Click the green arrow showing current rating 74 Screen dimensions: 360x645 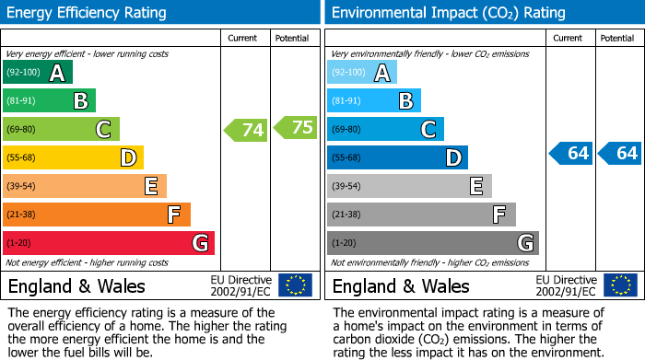point(246,130)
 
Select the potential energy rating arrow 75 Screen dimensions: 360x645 point(295,128)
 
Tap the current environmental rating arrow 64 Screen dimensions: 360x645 point(570,153)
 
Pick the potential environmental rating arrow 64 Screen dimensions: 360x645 point(619,153)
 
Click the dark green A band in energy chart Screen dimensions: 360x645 point(38,73)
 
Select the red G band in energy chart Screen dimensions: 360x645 point(109,243)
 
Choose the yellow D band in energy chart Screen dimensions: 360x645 point(73,158)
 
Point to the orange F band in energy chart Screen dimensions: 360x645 point(97,215)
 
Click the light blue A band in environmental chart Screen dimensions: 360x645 point(362,73)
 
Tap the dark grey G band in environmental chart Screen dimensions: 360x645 point(432,243)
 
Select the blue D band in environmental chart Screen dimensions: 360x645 point(397,158)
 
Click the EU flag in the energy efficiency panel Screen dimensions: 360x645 point(295,285)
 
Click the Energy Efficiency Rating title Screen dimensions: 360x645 point(88,13)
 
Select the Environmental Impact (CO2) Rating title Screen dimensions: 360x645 point(447,13)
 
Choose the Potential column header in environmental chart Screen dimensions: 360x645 point(617,38)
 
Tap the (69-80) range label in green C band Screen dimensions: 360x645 point(22,130)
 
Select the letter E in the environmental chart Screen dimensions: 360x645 point(475,187)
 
